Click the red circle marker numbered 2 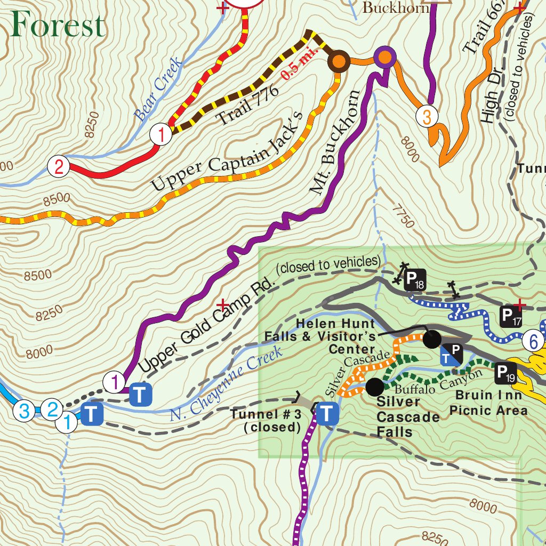59,167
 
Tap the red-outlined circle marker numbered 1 161,134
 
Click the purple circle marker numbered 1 115,382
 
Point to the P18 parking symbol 414,280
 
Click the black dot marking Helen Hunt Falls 432,338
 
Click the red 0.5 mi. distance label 300,64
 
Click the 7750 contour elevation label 403,214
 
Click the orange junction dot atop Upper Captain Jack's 338,61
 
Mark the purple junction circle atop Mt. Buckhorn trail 384,57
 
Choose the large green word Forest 58,25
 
